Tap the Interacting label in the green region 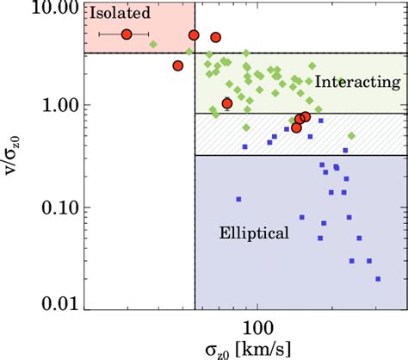[358, 82]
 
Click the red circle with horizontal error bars [127, 34]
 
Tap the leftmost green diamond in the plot [153, 44]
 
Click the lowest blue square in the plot [379, 278]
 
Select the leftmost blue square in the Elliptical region [239, 199]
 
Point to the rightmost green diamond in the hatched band [351, 136]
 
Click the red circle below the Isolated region [178, 65]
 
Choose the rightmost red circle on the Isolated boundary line [216, 37]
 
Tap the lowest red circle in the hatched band [296, 127]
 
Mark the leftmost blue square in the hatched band [245, 146]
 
